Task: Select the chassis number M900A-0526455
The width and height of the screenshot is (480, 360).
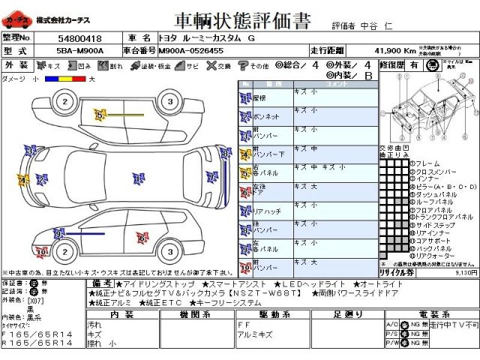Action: tap(190, 49)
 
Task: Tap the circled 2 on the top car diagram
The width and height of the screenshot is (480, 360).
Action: tap(65, 102)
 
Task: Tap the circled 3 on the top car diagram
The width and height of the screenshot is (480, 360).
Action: tap(170, 102)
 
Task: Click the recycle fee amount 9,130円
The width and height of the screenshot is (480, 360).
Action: tap(466, 273)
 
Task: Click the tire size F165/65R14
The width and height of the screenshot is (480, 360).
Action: tap(37, 333)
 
